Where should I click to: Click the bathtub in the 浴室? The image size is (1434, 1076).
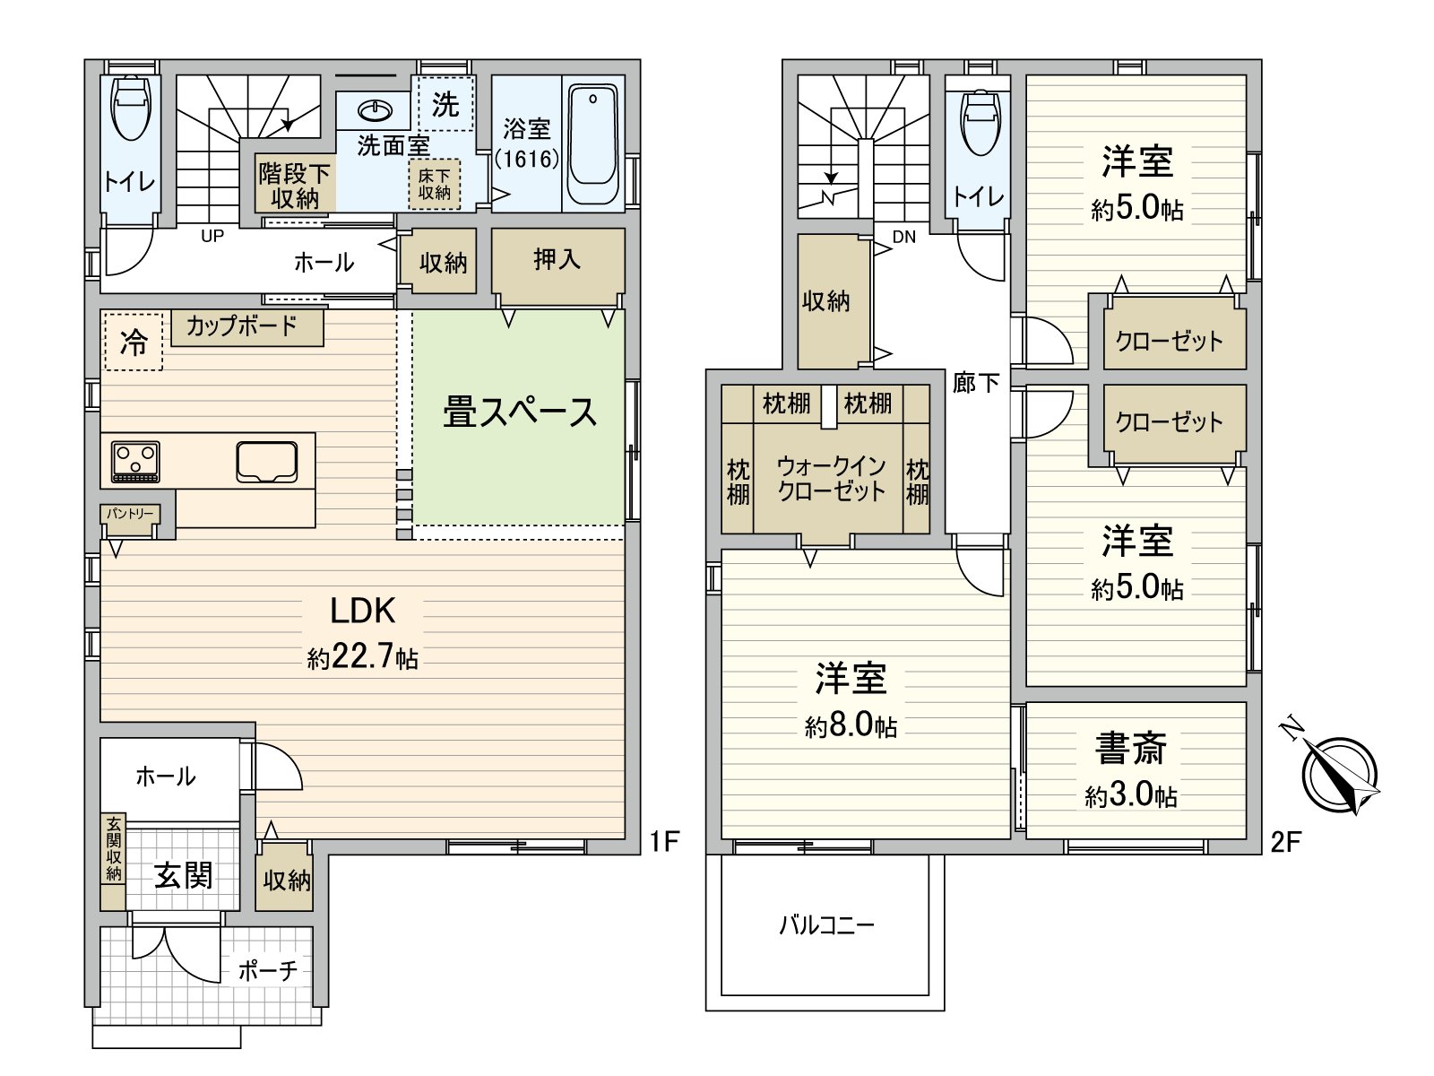pos(594,146)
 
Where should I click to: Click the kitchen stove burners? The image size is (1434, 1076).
pos(135,462)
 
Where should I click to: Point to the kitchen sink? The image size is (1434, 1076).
pos(267,462)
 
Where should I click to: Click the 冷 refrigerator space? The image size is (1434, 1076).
pos(134,342)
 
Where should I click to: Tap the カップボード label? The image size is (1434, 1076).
pos(242,325)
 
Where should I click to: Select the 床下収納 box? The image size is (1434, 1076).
pos(435,185)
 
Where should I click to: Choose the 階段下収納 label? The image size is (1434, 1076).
pos(295,186)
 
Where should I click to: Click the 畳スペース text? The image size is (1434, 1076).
pos(520,412)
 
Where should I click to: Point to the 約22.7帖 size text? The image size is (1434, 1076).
pos(363,657)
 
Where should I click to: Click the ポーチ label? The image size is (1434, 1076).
pos(267,970)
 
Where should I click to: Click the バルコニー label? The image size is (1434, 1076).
pos(825,924)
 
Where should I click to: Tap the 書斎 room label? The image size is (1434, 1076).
pos(1131,749)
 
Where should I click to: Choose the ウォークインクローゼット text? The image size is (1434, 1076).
pos(831,478)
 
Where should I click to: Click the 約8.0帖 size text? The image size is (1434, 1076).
pos(851,725)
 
